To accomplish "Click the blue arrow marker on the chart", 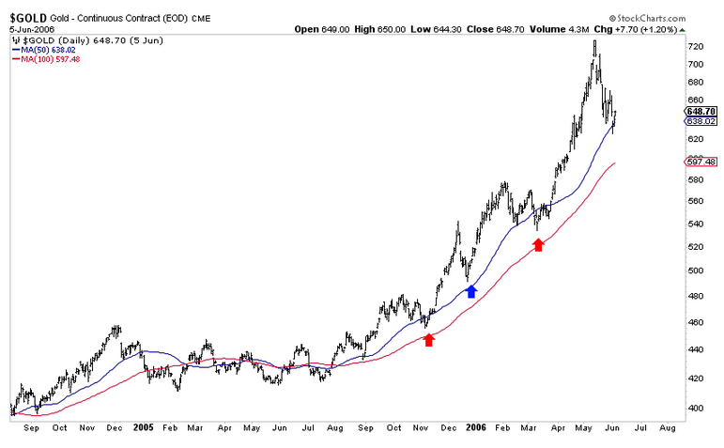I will [x=471, y=291].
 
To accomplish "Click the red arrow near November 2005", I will [x=429, y=339].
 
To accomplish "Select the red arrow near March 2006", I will [x=538, y=244].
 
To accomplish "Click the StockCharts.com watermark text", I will [x=665, y=18].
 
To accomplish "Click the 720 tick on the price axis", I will [x=696, y=46].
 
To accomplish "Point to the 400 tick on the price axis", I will [x=696, y=408].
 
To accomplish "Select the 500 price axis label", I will [x=696, y=270].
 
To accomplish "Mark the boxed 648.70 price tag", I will [x=701, y=111].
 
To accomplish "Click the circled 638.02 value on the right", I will [x=701, y=120].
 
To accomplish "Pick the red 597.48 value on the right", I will [x=701, y=162].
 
